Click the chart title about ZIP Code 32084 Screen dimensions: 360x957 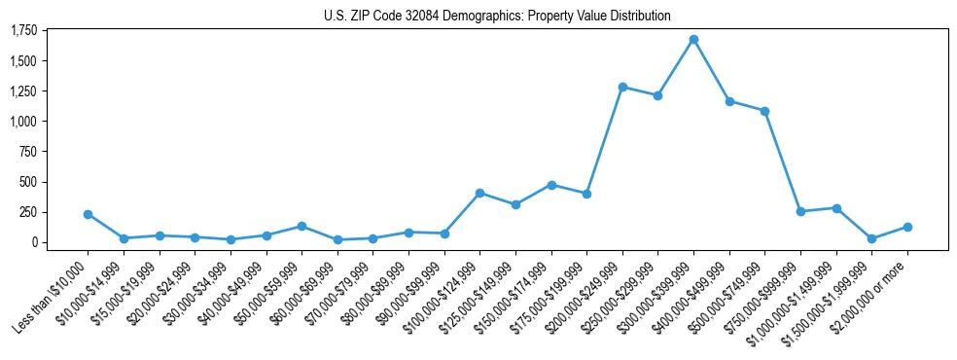pos(497,16)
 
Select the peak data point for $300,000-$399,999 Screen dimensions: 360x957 pos(693,39)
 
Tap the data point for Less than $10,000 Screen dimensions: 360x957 pos(88,214)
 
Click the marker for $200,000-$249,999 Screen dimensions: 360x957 pos(622,87)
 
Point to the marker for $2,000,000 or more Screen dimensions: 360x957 pos(907,227)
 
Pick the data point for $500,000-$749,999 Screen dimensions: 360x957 pos(764,111)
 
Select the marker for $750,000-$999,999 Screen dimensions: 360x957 pos(800,211)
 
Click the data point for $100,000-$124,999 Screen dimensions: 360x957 pos(479,193)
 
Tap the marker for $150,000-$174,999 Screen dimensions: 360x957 pos(551,185)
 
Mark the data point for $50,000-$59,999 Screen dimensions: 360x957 pos(301,226)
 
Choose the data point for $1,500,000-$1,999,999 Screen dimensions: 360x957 pos(871,238)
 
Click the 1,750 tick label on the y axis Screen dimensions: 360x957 pos(23,31)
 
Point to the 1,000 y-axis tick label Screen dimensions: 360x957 pos(23,122)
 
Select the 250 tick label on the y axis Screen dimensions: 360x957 pos(28,212)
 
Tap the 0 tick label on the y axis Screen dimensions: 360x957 pos(33,242)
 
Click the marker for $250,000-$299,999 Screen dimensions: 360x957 pos(657,95)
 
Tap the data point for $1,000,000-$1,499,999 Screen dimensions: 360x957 pos(836,208)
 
